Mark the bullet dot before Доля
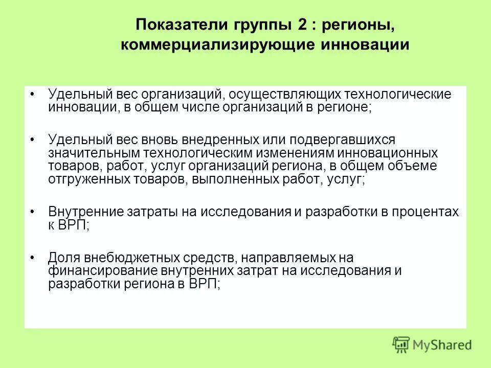pos(32,256)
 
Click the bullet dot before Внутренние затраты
pos(32,211)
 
